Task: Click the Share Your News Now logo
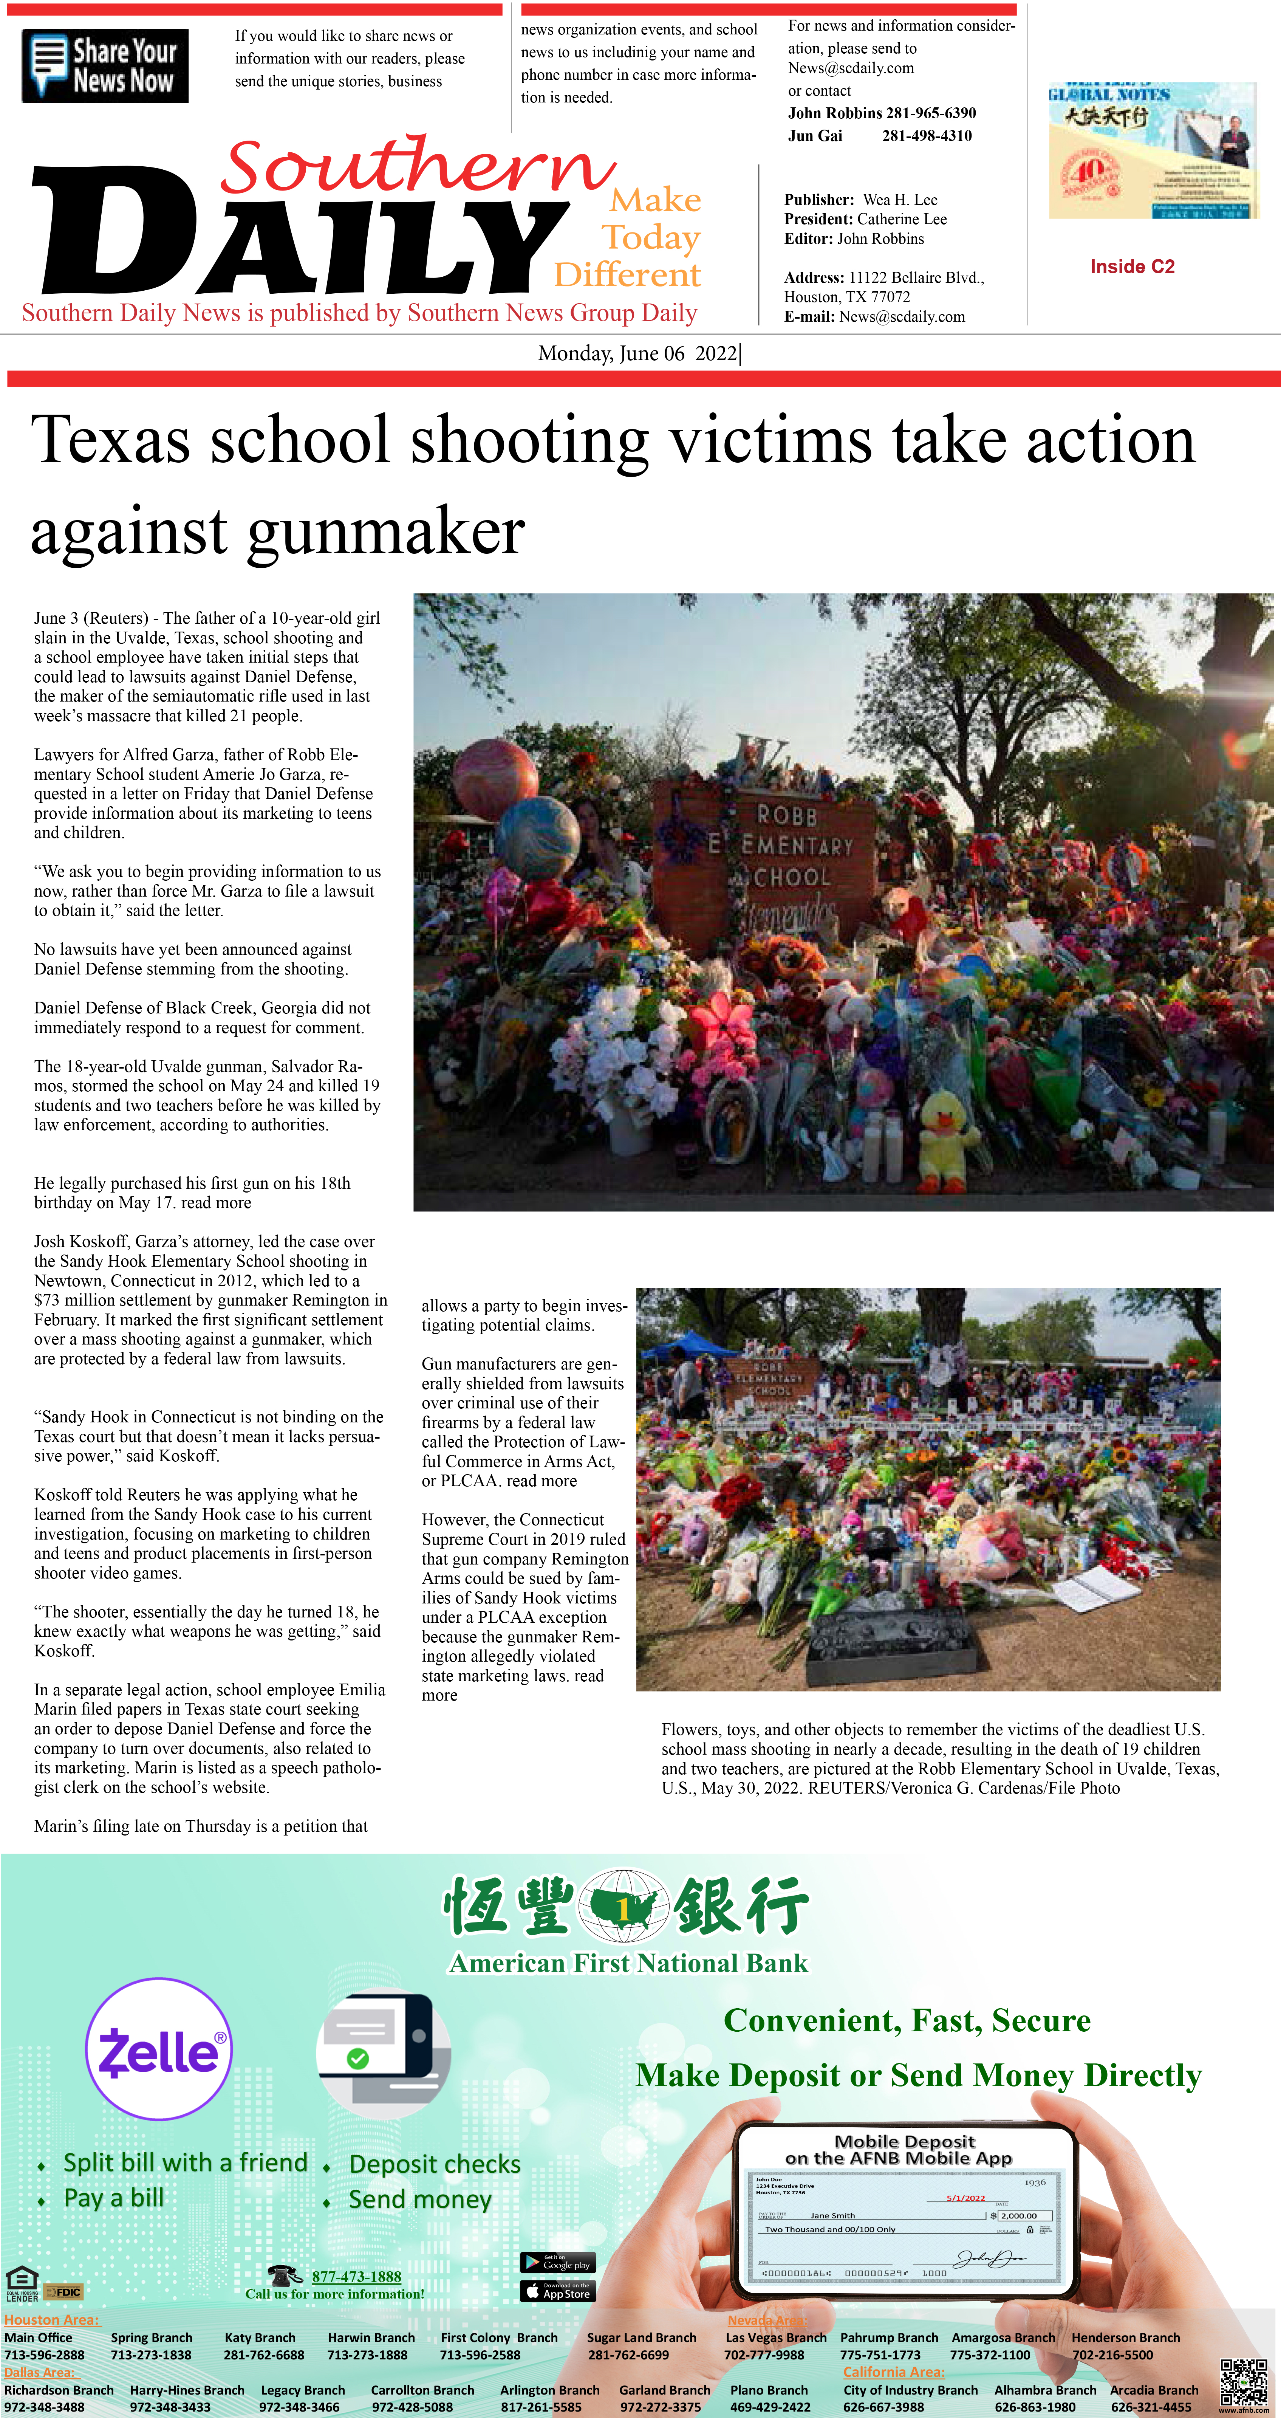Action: pos(105,66)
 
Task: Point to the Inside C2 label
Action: pos(1132,266)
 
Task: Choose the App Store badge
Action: pos(557,2291)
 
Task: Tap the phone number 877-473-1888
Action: pos(357,2276)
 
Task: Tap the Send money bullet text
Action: pos(419,2199)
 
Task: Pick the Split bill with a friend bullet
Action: pos(185,2163)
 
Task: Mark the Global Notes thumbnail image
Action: pos(1153,150)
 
